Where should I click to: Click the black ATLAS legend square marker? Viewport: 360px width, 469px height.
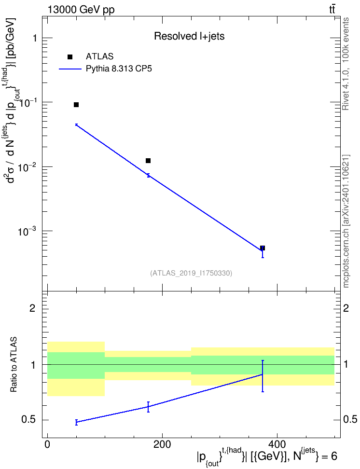tap(70, 57)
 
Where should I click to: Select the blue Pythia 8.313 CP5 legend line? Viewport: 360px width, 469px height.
tap(70, 69)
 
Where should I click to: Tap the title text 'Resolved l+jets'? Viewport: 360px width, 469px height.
tap(189, 36)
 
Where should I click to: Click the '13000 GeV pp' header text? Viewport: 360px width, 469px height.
tap(81, 10)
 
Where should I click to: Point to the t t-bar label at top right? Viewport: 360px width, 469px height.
tap(332, 9)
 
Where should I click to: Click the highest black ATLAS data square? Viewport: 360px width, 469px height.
tap(76, 105)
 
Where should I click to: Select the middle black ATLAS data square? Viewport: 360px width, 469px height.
tap(148, 161)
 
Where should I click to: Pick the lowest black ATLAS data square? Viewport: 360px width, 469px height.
tap(263, 248)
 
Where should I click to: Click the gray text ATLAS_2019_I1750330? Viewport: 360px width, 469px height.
tap(191, 273)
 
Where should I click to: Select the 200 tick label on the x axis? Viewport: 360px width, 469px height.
tap(162, 444)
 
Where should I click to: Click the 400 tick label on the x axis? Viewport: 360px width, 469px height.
tap(277, 444)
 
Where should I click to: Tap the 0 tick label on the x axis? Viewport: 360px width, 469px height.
tap(47, 444)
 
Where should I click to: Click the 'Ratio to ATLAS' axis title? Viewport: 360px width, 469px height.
tap(14, 365)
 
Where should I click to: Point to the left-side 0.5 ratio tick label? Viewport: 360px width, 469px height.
tap(29, 420)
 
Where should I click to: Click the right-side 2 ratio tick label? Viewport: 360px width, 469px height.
tap(346, 308)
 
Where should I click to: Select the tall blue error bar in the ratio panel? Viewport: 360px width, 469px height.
tap(263, 376)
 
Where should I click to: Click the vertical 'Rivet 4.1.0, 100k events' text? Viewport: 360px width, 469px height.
tap(346, 64)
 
